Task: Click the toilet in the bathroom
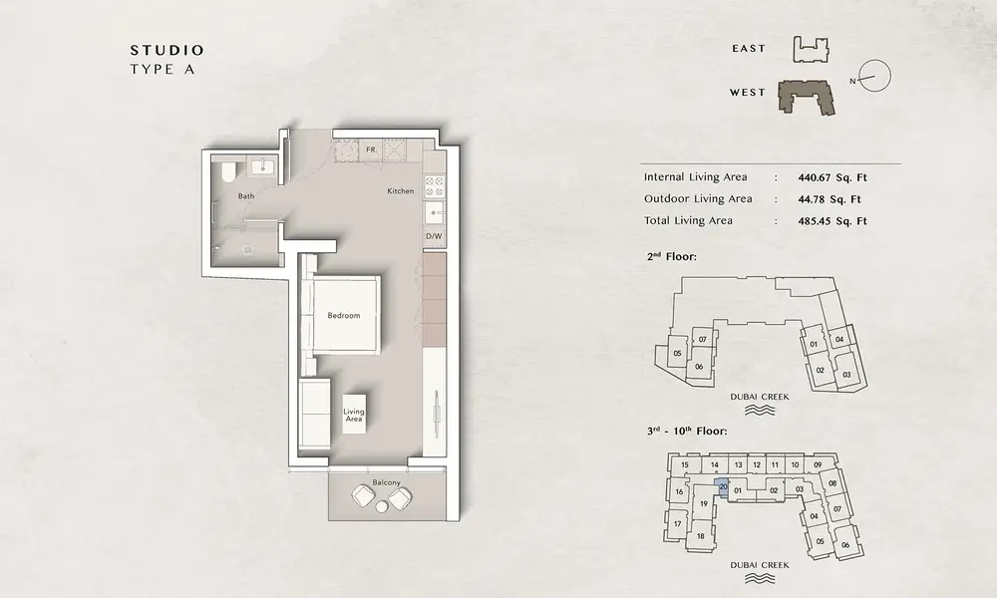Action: pos(227,171)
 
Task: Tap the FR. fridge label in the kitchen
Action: pos(371,149)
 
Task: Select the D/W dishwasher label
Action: pos(434,236)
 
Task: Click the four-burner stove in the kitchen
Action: pos(434,186)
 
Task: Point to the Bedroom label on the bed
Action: pos(343,315)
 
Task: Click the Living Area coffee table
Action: pos(354,415)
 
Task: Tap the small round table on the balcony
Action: pos(382,506)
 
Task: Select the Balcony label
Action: pos(387,482)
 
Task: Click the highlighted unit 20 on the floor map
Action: pos(723,487)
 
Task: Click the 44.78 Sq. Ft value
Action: pos(830,199)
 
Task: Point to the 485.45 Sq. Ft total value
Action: pos(832,221)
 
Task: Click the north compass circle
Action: pos(875,75)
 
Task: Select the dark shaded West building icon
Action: pos(808,97)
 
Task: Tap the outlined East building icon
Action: pos(811,49)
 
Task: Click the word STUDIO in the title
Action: pos(167,50)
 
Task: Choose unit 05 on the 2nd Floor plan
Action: pos(677,354)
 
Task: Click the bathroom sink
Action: pos(262,166)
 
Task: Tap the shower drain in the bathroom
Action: pos(246,250)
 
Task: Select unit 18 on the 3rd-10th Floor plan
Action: pos(700,536)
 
